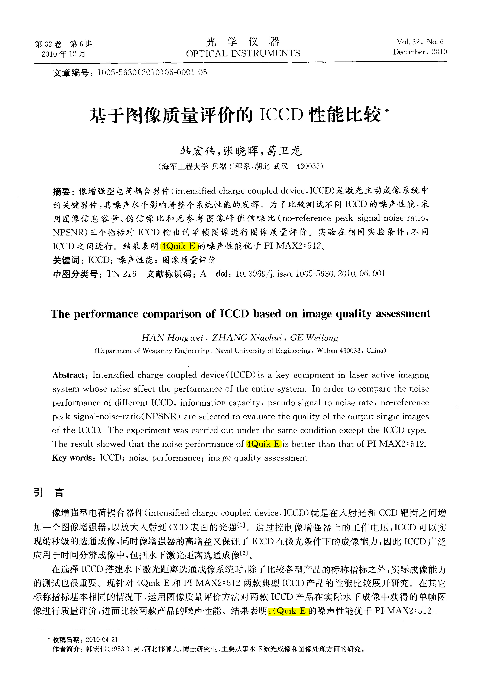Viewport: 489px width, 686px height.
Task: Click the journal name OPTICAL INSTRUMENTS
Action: point(243,53)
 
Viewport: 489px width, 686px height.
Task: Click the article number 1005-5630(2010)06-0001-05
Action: point(152,72)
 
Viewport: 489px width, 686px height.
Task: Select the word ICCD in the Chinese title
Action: point(281,115)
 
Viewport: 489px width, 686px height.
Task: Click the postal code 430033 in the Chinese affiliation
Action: point(308,166)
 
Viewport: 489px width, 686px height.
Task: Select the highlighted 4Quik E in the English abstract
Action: point(263,444)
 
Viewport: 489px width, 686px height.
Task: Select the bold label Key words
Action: point(72,458)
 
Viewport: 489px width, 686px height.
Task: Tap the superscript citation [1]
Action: point(241,525)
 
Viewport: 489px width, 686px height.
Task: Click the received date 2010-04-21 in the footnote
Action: point(102,640)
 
